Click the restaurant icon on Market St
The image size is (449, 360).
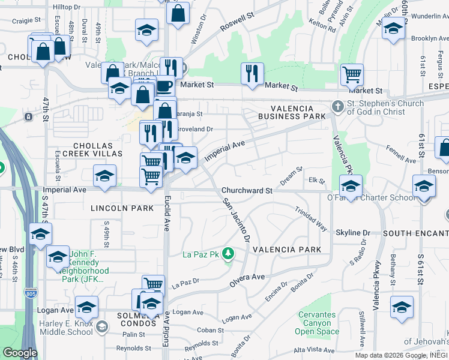pyautogui.click(x=252, y=74)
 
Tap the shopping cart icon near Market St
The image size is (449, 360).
pyautogui.click(x=352, y=75)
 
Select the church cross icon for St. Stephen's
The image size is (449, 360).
pyautogui.click(x=338, y=106)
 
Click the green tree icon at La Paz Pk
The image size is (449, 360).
pyautogui.click(x=228, y=254)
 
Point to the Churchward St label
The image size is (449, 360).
pyautogui.click(x=247, y=190)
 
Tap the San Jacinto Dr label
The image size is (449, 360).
pyautogui.click(x=236, y=220)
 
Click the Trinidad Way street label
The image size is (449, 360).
pyautogui.click(x=310, y=219)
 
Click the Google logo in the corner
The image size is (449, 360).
pyautogui.click(x=19, y=353)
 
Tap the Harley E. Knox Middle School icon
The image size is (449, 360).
pyautogui.click(x=101, y=326)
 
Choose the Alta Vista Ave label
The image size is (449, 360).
pyautogui.click(x=313, y=350)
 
